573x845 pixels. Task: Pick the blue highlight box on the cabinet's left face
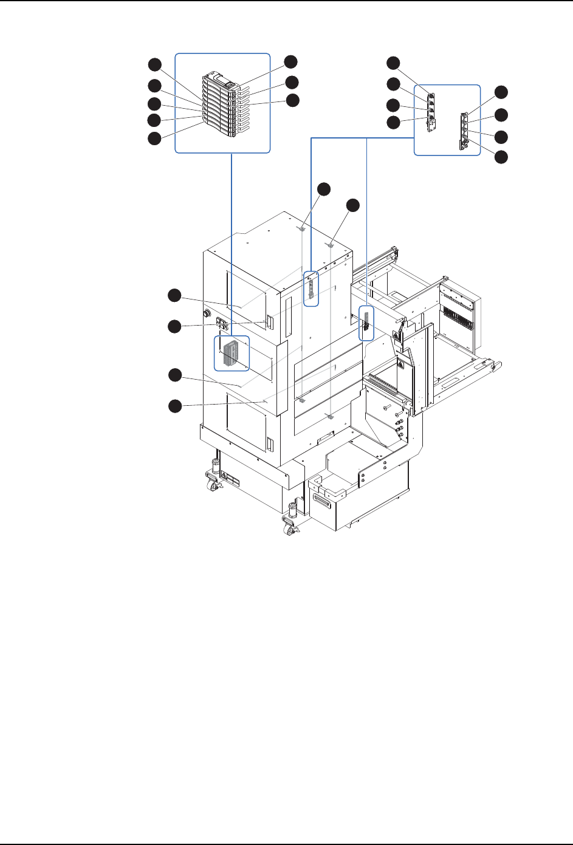click(x=232, y=353)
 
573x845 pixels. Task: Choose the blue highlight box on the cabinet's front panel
click(x=311, y=289)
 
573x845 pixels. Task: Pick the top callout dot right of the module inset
click(x=292, y=61)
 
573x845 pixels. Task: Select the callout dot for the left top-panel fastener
click(x=325, y=189)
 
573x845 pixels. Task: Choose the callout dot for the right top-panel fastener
click(x=353, y=206)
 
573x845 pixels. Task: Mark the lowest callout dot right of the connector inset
click(x=501, y=157)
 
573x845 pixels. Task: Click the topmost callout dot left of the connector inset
click(x=394, y=63)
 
